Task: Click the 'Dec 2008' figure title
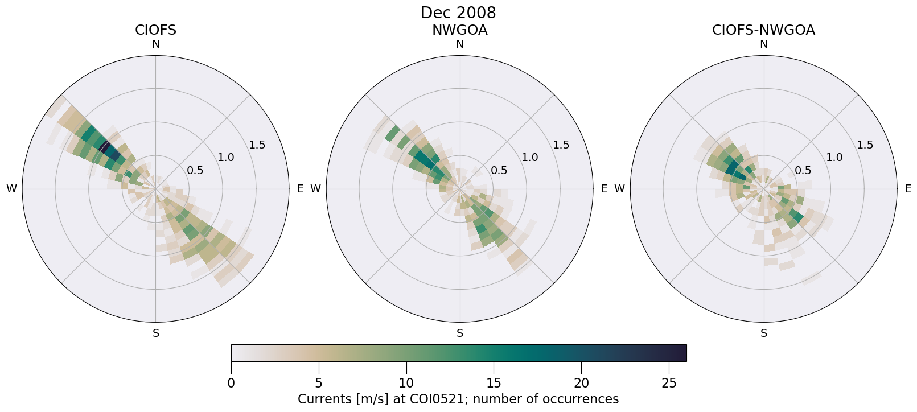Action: pyautogui.click(x=458, y=13)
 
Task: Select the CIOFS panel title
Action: pyautogui.click(x=155, y=30)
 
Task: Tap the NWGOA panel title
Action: pyautogui.click(x=459, y=30)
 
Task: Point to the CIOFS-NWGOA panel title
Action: pyautogui.click(x=763, y=30)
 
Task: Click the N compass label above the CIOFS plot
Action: pyautogui.click(x=155, y=44)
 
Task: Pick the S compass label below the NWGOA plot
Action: pyautogui.click(x=460, y=333)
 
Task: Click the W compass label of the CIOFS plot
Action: pyautogui.click(x=11, y=189)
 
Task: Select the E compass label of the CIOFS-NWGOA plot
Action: pyautogui.click(x=908, y=189)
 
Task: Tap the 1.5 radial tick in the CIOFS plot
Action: pyautogui.click(x=257, y=145)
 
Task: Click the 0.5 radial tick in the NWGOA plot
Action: pyautogui.click(x=499, y=170)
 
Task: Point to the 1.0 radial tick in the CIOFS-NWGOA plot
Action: pyautogui.click(x=834, y=157)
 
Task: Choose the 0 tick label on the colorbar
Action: pyautogui.click(x=231, y=383)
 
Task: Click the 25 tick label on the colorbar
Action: pyautogui.click(x=669, y=383)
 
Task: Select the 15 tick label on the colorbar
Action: pyautogui.click(x=494, y=383)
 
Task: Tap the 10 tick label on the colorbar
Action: pyautogui.click(x=406, y=383)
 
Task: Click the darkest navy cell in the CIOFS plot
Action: pyautogui.click(x=104, y=146)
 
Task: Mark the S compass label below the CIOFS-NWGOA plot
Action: pyautogui.click(x=764, y=333)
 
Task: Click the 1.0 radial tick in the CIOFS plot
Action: pyautogui.click(x=226, y=157)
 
